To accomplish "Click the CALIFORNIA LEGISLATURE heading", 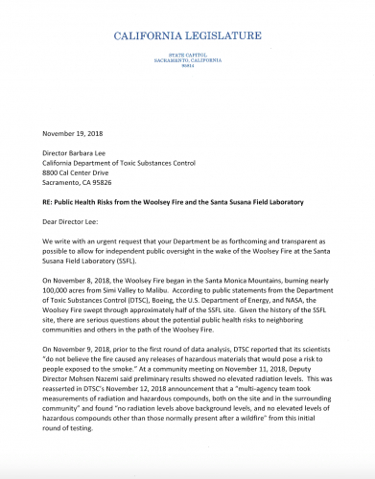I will pyautogui.click(x=187, y=35).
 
